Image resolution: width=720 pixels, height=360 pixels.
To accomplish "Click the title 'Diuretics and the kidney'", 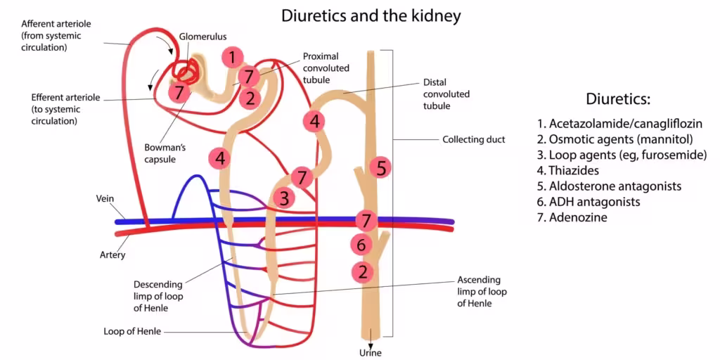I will point(371,15).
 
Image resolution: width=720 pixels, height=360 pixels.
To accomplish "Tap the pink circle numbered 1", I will point(233,57).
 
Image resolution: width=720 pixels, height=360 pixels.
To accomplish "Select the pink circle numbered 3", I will point(283,198).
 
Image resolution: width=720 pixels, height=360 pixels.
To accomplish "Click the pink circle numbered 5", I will point(380,167).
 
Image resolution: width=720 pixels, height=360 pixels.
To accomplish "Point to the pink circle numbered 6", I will point(361,245).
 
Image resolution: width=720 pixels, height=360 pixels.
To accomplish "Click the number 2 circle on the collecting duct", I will point(363,271).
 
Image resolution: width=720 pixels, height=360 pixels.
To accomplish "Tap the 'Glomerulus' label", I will point(202,36).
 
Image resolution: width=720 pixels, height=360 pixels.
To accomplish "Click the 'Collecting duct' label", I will point(473,139).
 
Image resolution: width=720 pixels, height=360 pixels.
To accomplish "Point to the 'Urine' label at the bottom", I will point(370,353).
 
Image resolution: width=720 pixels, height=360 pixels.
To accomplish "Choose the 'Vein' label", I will point(105,199).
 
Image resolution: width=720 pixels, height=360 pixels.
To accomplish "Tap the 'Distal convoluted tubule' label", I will point(446,94).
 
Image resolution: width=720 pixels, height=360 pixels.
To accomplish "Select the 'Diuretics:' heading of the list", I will point(618,98).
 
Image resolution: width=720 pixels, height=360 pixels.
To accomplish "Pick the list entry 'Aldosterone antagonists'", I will point(615,186).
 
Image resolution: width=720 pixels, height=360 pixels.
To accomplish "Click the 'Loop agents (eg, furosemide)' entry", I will point(626,155).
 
